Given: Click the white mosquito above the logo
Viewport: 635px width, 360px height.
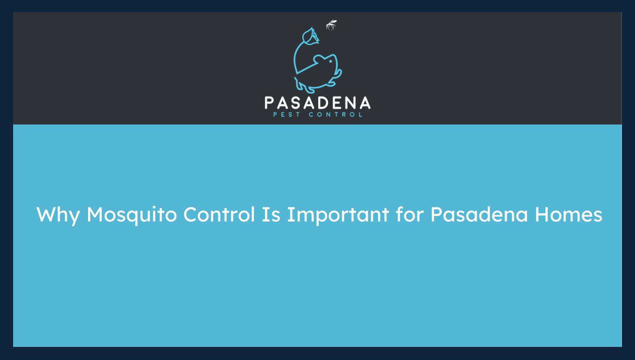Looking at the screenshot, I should (331, 25).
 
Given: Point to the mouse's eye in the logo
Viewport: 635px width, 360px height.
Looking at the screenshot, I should (331, 61).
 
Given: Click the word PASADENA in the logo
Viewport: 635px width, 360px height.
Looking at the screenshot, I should (317, 103).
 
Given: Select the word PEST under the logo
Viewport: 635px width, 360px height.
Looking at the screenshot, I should (287, 115).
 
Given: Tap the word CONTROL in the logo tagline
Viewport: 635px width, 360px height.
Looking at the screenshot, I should (336, 115).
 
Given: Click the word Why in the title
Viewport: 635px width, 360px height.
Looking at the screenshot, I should (58, 215).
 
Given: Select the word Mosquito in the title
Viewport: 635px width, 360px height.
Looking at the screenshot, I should (132, 215).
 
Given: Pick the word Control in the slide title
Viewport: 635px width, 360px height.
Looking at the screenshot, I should (219, 214).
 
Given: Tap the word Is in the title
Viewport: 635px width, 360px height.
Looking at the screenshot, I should (271, 214).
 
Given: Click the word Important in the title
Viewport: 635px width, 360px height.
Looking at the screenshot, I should (338, 215).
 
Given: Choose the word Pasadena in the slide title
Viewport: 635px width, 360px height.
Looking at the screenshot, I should (479, 214).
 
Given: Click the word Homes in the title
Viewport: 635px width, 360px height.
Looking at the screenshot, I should (568, 214).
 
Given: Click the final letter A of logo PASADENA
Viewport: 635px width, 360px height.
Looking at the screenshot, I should (364, 103).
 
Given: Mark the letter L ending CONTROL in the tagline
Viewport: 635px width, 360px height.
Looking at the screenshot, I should (361, 115).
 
